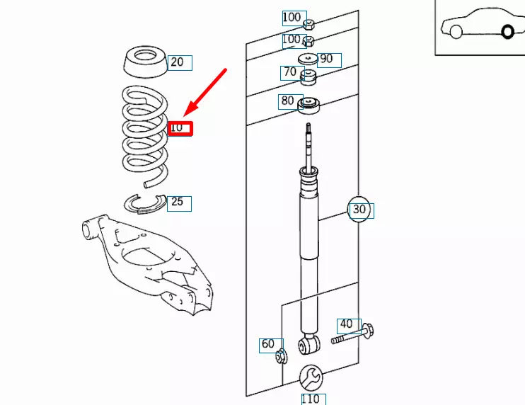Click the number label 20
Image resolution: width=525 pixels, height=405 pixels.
click(177, 62)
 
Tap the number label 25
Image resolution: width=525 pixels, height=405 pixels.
click(178, 202)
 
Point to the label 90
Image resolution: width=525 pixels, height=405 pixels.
click(328, 59)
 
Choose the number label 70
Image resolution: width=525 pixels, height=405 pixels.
click(290, 72)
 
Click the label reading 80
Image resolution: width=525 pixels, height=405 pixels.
click(288, 101)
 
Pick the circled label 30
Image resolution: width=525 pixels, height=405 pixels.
click(359, 210)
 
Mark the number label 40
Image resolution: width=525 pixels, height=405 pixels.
click(346, 325)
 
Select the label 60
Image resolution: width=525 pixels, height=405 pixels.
click(268, 345)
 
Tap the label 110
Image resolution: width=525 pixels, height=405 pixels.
click(310, 399)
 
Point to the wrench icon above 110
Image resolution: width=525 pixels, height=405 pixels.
click(311, 377)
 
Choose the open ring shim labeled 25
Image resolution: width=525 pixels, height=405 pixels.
click(144, 203)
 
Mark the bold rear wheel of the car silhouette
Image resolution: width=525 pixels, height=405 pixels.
click(507, 31)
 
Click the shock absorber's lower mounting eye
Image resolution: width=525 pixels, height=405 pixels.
click(308, 345)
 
